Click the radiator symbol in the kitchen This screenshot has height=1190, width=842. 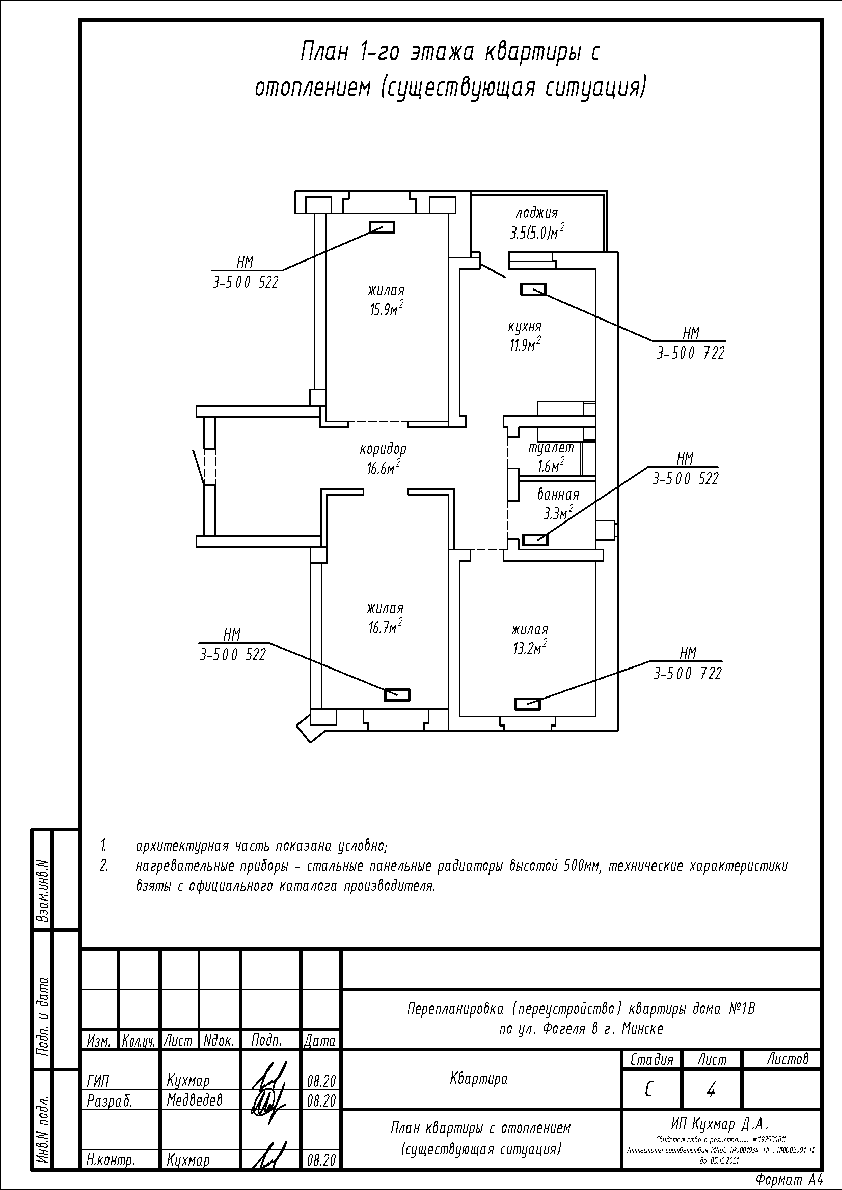[533, 289]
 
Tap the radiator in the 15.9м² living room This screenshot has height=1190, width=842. [382, 227]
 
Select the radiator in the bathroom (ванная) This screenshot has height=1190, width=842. [535, 539]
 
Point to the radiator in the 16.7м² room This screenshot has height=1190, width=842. [397, 694]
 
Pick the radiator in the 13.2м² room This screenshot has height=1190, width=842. [528, 704]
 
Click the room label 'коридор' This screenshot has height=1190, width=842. [384, 448]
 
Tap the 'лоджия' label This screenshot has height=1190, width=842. [536, 213]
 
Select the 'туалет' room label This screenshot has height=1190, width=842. [551, 448]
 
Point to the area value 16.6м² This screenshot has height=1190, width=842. [383, 468]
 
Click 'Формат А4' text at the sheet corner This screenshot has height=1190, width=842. [789, 1180]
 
